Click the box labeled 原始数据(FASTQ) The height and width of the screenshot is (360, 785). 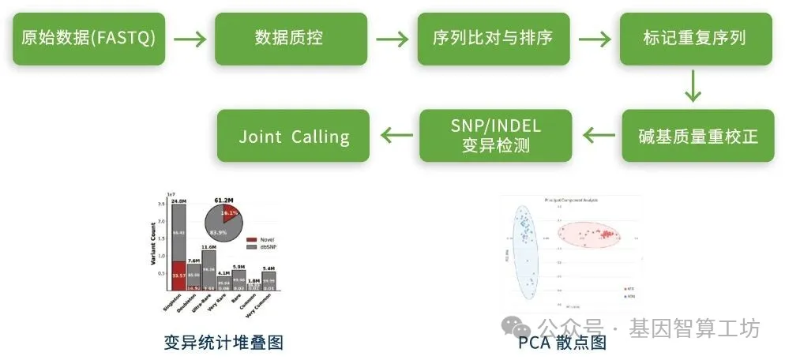[88, 38]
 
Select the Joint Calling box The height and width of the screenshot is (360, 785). [294, 137]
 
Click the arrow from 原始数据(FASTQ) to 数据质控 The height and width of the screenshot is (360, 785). [190, 39]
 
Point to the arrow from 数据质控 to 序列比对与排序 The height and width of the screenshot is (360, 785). [392, 39]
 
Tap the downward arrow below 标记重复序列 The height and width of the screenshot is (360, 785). [693, 85]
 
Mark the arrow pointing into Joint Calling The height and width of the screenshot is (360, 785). [394, 137]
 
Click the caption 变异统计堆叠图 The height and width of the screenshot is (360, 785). [223, 342]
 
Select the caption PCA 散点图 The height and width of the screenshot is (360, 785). [562, 342]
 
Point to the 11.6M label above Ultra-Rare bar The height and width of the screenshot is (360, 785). [208, 248]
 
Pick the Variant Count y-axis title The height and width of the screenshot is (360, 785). [152, 246]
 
